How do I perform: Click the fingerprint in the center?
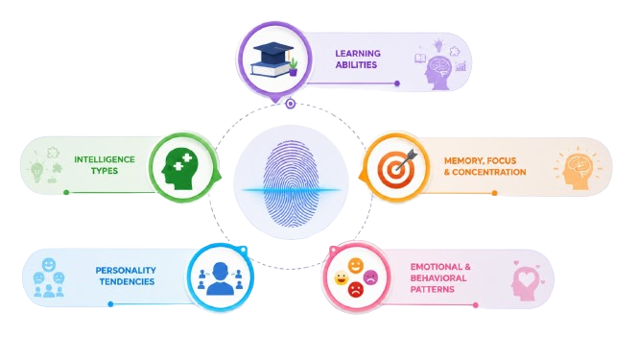[x=291, y=183]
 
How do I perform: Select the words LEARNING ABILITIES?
[x=358, y=60]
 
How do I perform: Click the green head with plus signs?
[x=179, y=168]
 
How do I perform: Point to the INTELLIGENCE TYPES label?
[x=105, y=165]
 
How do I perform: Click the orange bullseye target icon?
[x=395, y=168]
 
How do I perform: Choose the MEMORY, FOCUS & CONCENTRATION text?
[x=485, y=166]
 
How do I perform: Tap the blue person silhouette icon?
[x=220, y=278]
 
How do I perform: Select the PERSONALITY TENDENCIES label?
[x=126, y=276]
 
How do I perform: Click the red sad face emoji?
[x=355, y=290]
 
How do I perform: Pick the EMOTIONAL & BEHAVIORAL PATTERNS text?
[x=440, y=278]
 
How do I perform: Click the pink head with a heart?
[x=526, y=281]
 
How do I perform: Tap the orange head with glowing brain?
[x=577, y=169]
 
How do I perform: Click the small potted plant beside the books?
[x=293, y=67]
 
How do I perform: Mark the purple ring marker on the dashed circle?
[x=290, y=104]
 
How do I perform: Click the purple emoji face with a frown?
[x=370, y=277]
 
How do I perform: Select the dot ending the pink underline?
[x=476, y=305]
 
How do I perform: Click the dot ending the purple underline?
[x=397, y=84]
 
